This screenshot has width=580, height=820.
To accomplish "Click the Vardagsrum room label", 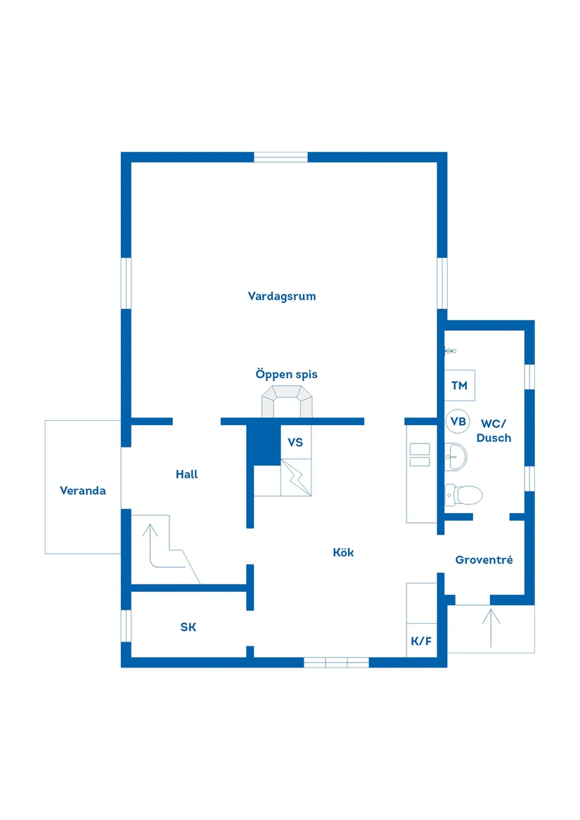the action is pos(282,297).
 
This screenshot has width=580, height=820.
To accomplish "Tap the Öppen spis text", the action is pos(286,375).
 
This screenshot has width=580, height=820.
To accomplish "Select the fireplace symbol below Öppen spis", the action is pos(287,402).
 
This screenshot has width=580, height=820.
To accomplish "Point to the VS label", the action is pos(295,443).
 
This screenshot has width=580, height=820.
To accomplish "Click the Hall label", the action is pos(186,474).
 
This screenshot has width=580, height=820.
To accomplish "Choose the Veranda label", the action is pos(83,490).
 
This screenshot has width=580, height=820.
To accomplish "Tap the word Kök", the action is pos(343,552).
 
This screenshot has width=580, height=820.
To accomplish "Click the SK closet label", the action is pos(188,627).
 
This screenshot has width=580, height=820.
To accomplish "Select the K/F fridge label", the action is pos(421,641).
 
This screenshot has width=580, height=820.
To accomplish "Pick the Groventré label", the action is pos(484,560).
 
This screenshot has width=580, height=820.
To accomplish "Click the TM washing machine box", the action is pos(460,386).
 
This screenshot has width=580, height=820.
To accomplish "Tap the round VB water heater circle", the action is pos(458,422).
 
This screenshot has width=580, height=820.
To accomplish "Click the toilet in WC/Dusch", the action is pos(463,495).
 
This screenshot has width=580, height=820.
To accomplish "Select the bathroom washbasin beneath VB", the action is pos(456,457).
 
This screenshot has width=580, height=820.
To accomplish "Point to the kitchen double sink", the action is pos(420,455).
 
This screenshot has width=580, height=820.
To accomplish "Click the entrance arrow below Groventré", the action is pos(491,628).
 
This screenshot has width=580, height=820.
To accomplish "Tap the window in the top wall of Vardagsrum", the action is pos(281,157).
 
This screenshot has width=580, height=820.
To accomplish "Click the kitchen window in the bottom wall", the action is pos(337,663).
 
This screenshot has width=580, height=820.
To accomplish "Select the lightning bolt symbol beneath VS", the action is pos(296,478).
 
